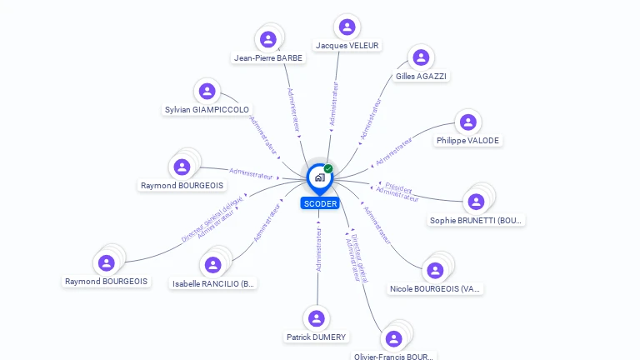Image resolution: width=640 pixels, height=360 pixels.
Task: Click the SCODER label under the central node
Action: pyautogui.click(x=320, y=203)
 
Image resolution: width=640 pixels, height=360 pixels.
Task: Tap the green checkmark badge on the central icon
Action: pyautogui.click(x=328, y=168)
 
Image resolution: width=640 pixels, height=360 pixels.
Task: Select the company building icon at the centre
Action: pyautogui.click(x=319, y=177)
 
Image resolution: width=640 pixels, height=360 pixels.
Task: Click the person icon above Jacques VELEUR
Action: pyautogui.click(x=346, y=27)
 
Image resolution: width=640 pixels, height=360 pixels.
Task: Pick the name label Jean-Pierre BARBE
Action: pyautogui.click(x=268, y=58)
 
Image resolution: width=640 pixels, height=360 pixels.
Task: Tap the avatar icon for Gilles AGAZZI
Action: pyautogui.click(x=421, y=57)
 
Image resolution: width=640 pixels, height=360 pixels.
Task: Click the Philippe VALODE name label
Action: pyautogui.click(x=467, y=141)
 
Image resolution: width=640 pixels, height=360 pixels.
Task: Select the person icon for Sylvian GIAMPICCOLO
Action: pyautogui.click(x=207, y=91)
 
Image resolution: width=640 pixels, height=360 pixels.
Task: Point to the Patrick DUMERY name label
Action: pyautogui.click(x=316, y=337)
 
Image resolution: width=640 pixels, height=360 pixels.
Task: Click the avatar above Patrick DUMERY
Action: pyautogui.click(x=316, y=318)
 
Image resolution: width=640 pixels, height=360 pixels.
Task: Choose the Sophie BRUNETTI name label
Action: pyautogui.click(x=477, y=221)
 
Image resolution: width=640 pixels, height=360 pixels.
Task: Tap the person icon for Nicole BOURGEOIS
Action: pyautogui.click(x=434, y=270)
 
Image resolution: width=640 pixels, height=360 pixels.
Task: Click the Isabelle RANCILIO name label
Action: pyautogui.click(x=213, y=284)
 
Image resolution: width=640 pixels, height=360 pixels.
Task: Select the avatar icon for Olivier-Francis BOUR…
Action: pyautogui.click(x=393, y=338)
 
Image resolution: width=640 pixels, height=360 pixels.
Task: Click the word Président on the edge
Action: pyautogui.click(x=398, y=187)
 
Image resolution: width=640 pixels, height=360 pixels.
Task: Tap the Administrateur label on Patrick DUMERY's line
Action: pyautogui.click(x=318, y=250)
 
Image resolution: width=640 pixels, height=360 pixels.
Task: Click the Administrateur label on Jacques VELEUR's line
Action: pyautogui.click(x=334, y=103)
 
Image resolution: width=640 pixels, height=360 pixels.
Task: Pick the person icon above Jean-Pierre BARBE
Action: pyautogui.click(x=267, y=38)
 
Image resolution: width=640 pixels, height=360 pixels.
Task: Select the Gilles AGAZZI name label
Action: pyautogui.click(x=422, y=77)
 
